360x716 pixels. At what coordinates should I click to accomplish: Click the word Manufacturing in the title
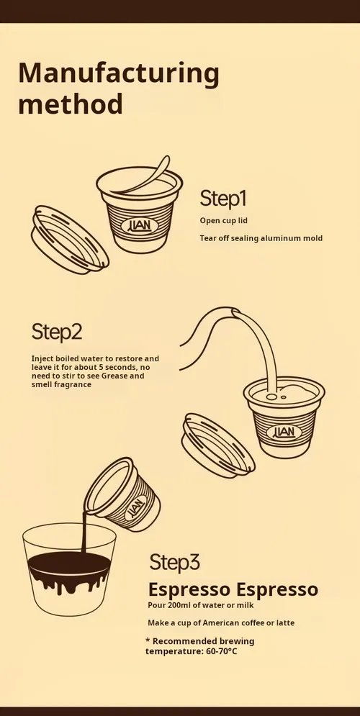click(x=119, y=74)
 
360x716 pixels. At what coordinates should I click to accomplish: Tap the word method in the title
click(x=71, y=104)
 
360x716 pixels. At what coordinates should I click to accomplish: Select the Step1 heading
click(x=223, y=198)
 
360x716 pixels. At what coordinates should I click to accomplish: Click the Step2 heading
click(x=57, y=332)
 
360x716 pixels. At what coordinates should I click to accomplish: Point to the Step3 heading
click(x=174, y=563)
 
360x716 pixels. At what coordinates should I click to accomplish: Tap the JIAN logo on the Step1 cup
click(x=140, y=225)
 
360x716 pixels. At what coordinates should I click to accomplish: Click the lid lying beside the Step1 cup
click(x=70, y=240)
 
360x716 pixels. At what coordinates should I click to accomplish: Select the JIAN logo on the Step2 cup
click(x=287, y=432)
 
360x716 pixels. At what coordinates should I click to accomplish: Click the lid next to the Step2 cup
click(x=218, y=445)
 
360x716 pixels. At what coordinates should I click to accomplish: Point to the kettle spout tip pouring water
click(x=235, y=312)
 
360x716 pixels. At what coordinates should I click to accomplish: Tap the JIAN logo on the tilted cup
click(x=135, y=507)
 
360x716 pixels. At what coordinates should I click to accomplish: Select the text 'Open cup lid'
click(x=223, y=220)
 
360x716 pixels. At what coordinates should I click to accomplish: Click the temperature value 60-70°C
click(x=222, y=651)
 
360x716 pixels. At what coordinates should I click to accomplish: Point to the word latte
click(x=284, y=623)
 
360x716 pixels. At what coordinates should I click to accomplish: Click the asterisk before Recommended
click(x=148, y=640)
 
